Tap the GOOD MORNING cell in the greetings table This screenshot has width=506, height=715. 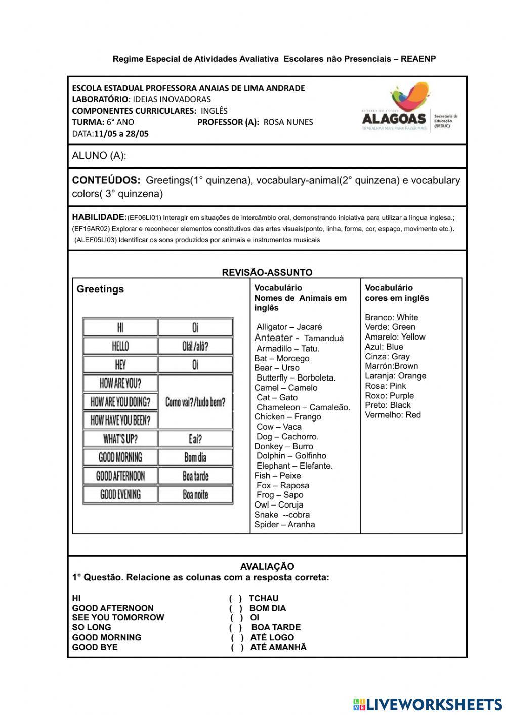click(120, 457)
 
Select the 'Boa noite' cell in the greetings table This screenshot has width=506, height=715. click(195, 494)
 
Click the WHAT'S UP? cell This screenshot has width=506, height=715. click(120, 439)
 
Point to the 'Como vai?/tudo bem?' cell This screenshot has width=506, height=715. click(195, 402)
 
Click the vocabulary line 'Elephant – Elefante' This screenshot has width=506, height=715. click(294, 466)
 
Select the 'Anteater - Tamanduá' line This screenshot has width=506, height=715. click(299, 338)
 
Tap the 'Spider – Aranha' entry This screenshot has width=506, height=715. click(284, 524)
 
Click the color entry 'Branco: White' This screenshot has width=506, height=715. click(391, 317)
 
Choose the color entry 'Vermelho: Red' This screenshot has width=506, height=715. click(393, 415)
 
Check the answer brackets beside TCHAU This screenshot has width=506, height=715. click(235, 598)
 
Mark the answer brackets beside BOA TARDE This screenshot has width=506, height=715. click(235, 627)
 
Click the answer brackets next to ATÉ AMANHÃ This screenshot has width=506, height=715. click(237, 647)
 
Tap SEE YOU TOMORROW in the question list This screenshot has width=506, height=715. click(118, 617)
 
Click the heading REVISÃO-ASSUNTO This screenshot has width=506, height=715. click(267, 272)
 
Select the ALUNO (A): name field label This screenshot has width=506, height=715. click(99, 156)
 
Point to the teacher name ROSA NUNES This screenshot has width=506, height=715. click(288, 122)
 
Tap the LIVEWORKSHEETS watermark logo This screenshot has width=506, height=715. click(428, 704)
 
